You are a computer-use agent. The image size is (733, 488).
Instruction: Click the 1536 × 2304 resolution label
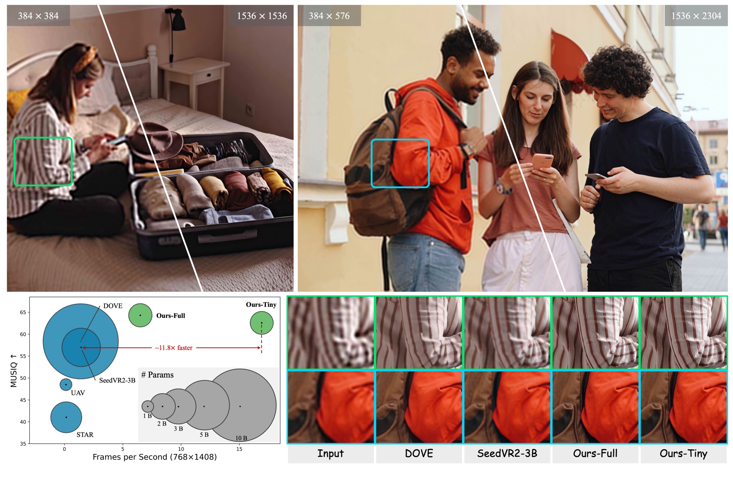click(696, 16)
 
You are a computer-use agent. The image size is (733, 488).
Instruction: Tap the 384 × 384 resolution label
click(38, 16)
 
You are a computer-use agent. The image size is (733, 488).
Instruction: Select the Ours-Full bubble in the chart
click(140, 315)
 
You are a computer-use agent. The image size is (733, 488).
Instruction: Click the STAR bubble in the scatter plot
click(66, 417)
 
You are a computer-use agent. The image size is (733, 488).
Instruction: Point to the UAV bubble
click(66, 385)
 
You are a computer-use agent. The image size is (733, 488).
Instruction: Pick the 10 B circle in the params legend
click(240, 406)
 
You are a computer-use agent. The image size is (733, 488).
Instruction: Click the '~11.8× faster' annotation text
click(174, 348)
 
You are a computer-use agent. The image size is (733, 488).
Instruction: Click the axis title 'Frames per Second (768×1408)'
click(155, 457)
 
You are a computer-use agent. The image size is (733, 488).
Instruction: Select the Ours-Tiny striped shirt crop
click(683, 332)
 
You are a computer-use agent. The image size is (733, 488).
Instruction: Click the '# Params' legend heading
click(157, 375)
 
